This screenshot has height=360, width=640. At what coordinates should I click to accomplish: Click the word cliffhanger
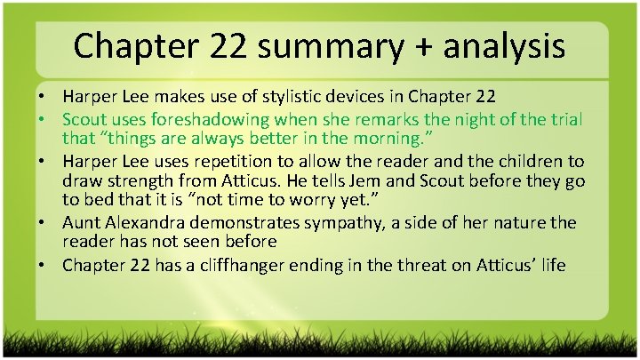click(252, 265)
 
